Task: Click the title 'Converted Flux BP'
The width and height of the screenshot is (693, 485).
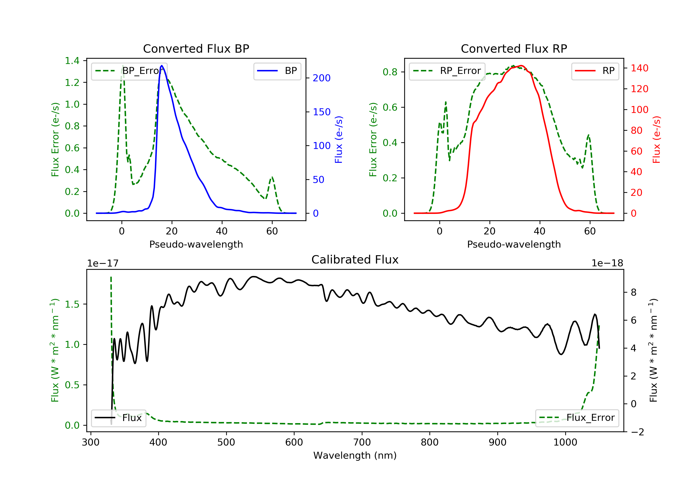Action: (196, 48)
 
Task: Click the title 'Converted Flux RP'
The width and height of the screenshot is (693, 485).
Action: (514, 48)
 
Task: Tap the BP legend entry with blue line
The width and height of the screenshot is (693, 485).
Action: (277, 71)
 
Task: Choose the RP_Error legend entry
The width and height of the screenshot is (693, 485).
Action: (447, 71)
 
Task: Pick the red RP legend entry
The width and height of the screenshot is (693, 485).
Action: (595, 71)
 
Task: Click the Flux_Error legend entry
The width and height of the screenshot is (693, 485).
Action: (577, 418)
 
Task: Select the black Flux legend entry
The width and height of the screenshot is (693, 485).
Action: (118, 418)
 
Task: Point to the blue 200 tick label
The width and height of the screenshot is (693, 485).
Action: (322, 78)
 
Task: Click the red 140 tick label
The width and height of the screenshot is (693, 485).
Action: (639, 68)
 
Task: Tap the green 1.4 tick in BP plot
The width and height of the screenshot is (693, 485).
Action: (72, 61)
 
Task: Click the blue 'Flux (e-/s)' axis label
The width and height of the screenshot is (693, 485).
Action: (339, 140)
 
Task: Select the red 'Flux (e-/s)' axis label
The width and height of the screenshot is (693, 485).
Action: (657, 140)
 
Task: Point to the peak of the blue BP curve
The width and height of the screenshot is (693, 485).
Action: (162, 66)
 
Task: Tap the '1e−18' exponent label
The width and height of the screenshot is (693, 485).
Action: (607, 263)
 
